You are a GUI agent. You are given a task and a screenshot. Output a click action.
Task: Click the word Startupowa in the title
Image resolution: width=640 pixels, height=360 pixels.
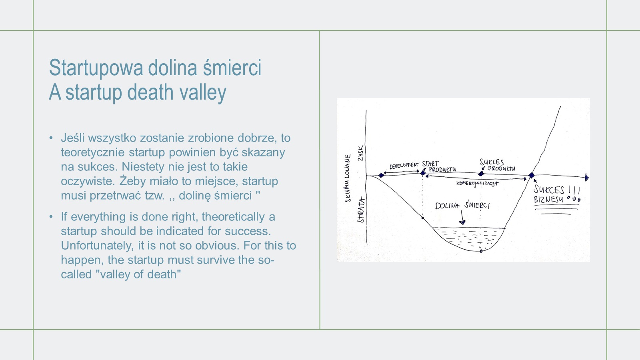(96, 68)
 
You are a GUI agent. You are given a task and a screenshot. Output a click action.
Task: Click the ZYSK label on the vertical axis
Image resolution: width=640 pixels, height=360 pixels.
(360, 153)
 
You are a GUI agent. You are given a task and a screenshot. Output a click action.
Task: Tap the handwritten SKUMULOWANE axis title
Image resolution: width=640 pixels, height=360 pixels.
(348, 178)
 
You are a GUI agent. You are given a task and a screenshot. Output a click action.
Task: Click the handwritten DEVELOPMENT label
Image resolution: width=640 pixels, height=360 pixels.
(404, 166)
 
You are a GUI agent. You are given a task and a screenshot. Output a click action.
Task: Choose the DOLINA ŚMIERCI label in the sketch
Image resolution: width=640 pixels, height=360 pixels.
(462, 206)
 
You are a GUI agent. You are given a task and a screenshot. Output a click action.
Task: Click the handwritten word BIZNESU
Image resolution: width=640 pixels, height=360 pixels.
(548, 199)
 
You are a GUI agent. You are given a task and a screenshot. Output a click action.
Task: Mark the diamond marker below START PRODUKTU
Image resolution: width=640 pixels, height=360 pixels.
(423, 173)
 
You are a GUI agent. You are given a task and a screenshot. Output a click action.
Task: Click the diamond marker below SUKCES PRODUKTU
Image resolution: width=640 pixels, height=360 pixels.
(481, 174)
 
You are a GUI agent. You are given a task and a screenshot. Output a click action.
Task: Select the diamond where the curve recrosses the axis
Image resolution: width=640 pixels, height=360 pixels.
(532, 175)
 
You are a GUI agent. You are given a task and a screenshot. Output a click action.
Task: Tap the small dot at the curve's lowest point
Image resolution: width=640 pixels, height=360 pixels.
(481, 251)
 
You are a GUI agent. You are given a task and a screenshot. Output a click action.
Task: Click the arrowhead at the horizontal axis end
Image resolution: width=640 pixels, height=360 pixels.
(586, 178)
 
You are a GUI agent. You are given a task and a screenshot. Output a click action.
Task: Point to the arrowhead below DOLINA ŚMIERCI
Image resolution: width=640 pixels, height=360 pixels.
(462, 222)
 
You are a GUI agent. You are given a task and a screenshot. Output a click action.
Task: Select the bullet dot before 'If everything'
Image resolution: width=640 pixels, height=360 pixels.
(51, 217)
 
